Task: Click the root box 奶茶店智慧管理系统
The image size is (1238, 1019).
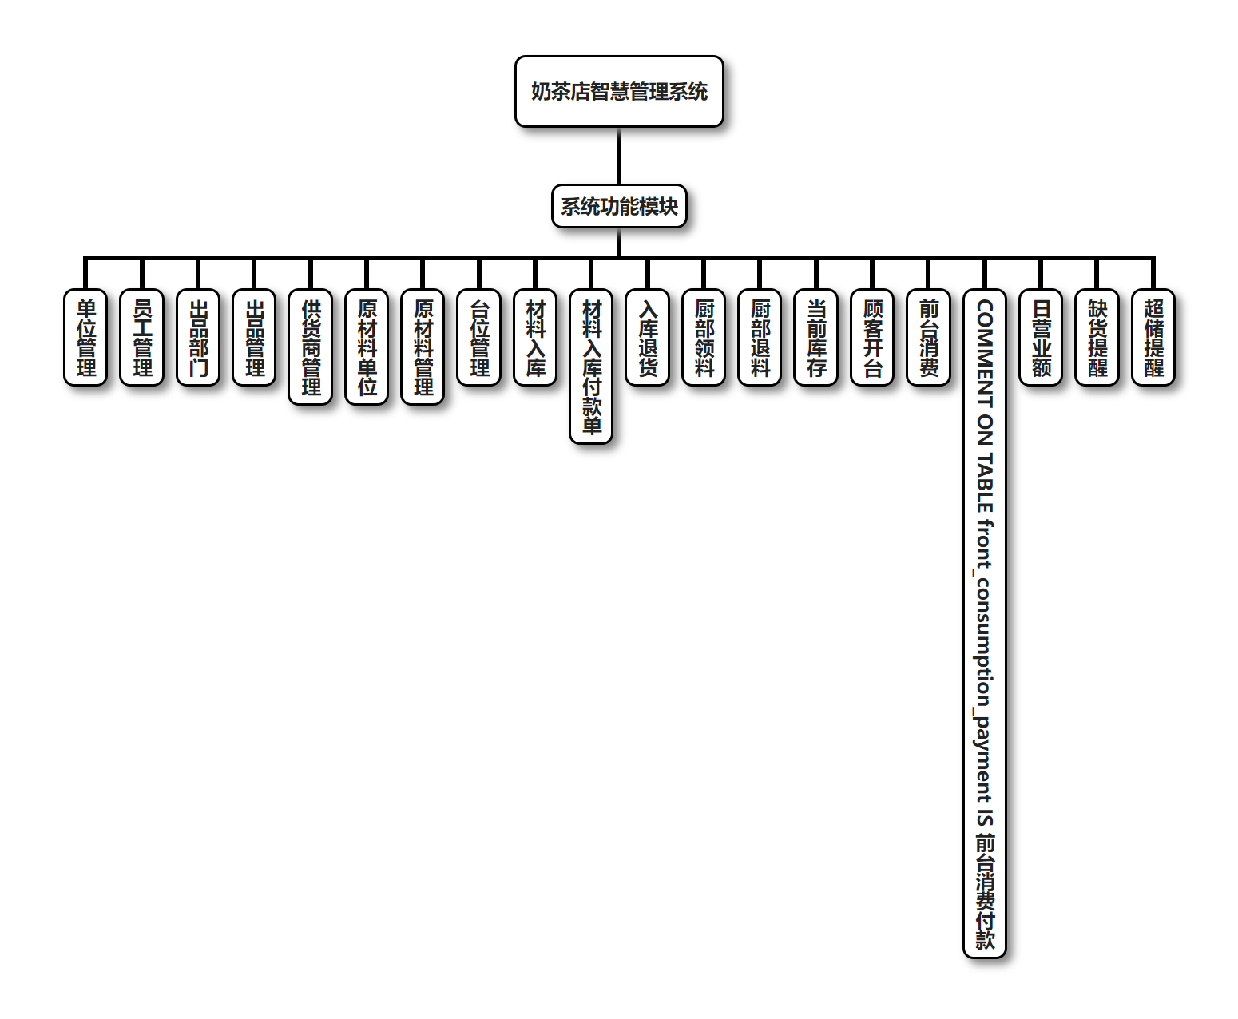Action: pos(619,92)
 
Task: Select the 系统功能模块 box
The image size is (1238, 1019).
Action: pos(619,207)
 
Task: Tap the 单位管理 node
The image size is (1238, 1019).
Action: pos(85,338)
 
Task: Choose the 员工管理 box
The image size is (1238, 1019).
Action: pos(141,338)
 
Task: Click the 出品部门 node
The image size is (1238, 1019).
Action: pos(198,338)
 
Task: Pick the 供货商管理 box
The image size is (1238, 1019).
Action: pos(311,347)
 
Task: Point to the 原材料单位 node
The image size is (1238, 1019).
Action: pos(367,347)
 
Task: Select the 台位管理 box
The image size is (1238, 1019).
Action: pos(479,338)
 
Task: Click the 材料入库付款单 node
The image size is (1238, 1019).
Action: pos(591,367)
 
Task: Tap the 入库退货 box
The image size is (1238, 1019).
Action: pos(648,338)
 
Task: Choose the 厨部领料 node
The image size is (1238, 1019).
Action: pos(704,338)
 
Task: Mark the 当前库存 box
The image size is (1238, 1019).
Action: pos(816,338)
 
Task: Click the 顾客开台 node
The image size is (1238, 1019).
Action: pos(872,338)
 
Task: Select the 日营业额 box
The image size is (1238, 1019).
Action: pos(1041,338)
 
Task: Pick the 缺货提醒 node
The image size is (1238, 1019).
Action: pos(1097,338)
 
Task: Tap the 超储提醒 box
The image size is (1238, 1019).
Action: pos(1153,338)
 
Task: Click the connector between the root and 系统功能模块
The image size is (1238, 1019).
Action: pos(619,156)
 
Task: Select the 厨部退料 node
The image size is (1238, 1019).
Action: pos(760,338)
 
